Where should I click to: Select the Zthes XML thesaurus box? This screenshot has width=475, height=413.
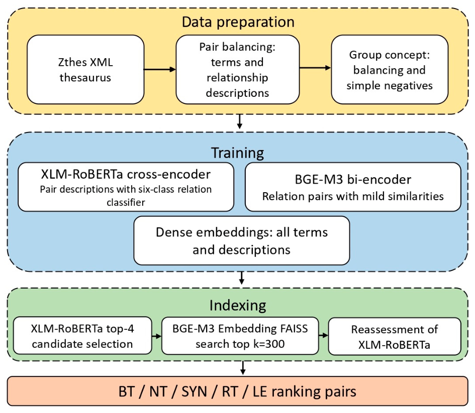pyautogui.click(x=85, y=70)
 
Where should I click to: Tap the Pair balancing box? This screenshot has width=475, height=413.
pyautogui.click(x=237, y=70)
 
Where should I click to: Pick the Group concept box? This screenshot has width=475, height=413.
pyautogui.click(x=390, y=70)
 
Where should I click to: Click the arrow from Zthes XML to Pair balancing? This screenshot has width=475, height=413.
pyautogui.click(x=160, y=70)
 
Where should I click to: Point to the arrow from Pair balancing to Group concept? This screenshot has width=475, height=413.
pyautogui.click(x=315, y=68)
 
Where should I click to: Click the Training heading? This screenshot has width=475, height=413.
pyautogui.click(x=237, y=153)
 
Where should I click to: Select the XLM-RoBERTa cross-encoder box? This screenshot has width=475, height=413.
pyautogui.click(x=126, y=187)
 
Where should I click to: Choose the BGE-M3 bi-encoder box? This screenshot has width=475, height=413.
pyautogui.click(x=353, y=187)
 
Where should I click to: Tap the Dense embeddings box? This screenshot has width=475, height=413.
pyautogui.click(x=242, y=241)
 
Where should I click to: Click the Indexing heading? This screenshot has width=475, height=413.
pyautogui.click(x=238, y=306)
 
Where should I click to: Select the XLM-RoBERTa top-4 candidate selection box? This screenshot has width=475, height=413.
pyautogui.click(x=82, y=336)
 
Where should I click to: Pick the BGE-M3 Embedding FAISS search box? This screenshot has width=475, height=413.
pyautogui.click(x=240, y=336)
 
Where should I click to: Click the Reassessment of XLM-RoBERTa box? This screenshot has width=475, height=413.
pyautogui.click(x=395, y=336)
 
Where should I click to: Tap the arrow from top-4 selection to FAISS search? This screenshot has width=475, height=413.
pyautogui.click(x=157, y=336)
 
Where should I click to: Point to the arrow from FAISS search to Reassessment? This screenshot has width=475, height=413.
pyautogui.click(x=324, y=335)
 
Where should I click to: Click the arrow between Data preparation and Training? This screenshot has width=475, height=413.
pyautogui.click(x=240, y=121)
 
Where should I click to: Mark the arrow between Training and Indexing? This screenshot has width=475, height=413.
pyautogui.click(x=241, y=278)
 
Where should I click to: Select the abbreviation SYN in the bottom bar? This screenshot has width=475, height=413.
pyautogui.click(x=194, y=391)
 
